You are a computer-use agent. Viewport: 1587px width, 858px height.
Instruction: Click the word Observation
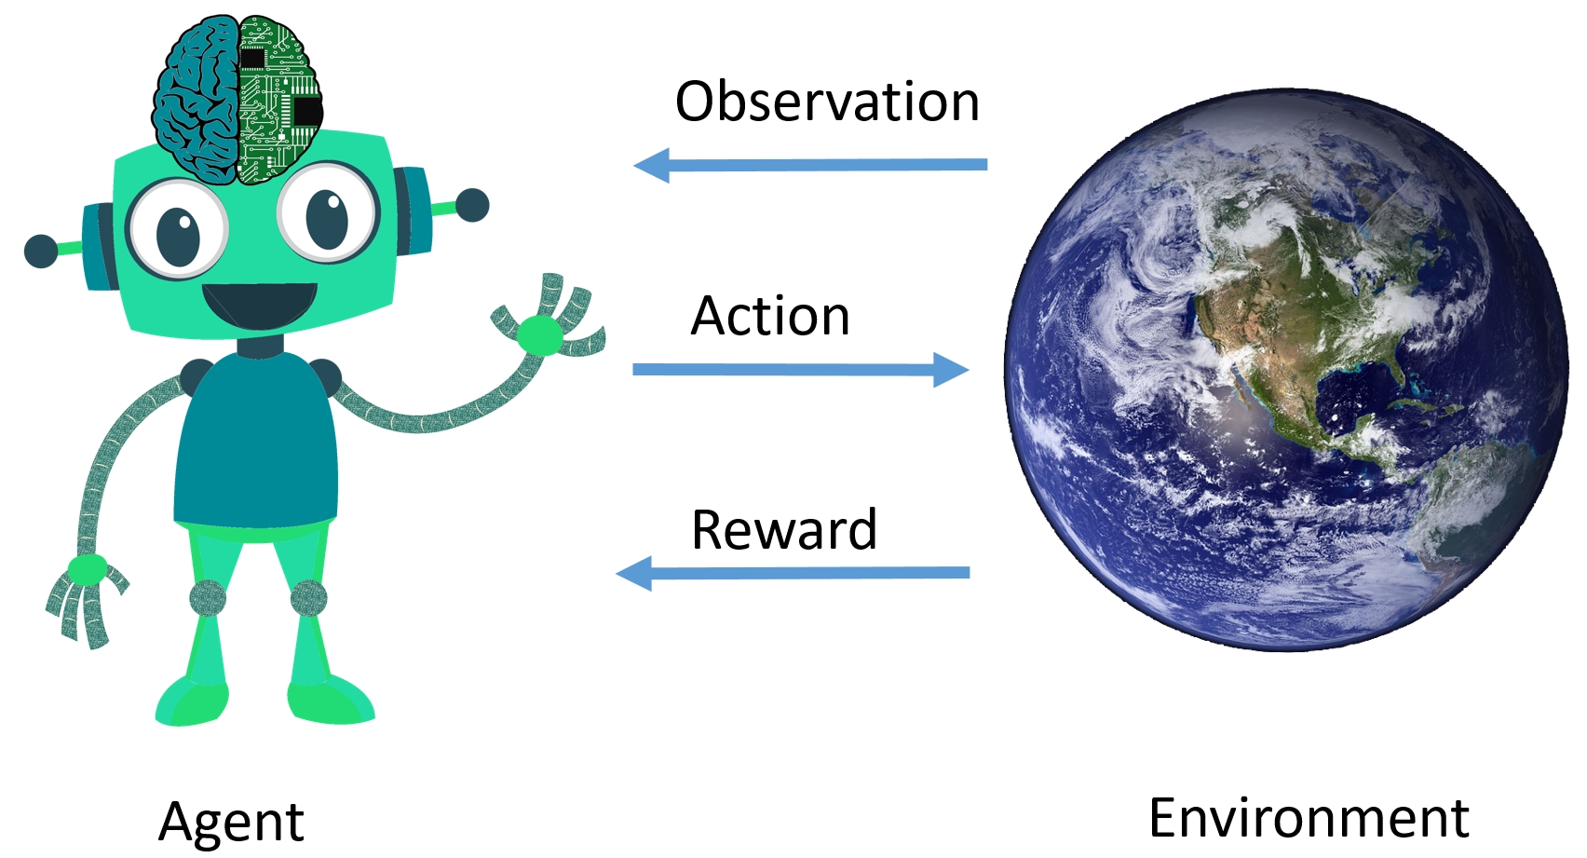[x=827, y=102]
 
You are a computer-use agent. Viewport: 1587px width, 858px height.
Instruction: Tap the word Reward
[x=784, y=529]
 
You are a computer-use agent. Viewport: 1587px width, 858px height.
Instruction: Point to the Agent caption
[x=231, y=822]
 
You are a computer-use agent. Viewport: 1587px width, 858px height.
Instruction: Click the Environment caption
[x=1309, y=818]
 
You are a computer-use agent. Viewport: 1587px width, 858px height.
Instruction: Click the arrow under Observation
[x=809, y=165]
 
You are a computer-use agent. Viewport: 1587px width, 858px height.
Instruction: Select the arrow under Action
[x=801, y=369]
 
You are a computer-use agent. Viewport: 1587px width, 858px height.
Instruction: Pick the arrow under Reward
[x=792, y=573]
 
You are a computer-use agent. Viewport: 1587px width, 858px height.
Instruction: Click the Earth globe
[x=1286, y=369]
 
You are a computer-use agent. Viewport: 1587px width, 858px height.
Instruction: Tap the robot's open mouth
[x=259, y=305]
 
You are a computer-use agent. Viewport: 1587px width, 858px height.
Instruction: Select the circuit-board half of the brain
[x=279, y=99]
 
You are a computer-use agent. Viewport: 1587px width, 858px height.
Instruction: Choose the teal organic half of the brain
[x=196, y=99]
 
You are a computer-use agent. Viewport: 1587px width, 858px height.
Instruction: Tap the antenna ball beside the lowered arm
[x=41, y=251]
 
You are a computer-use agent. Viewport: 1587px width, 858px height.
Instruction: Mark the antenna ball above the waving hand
[x=472, y=206]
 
